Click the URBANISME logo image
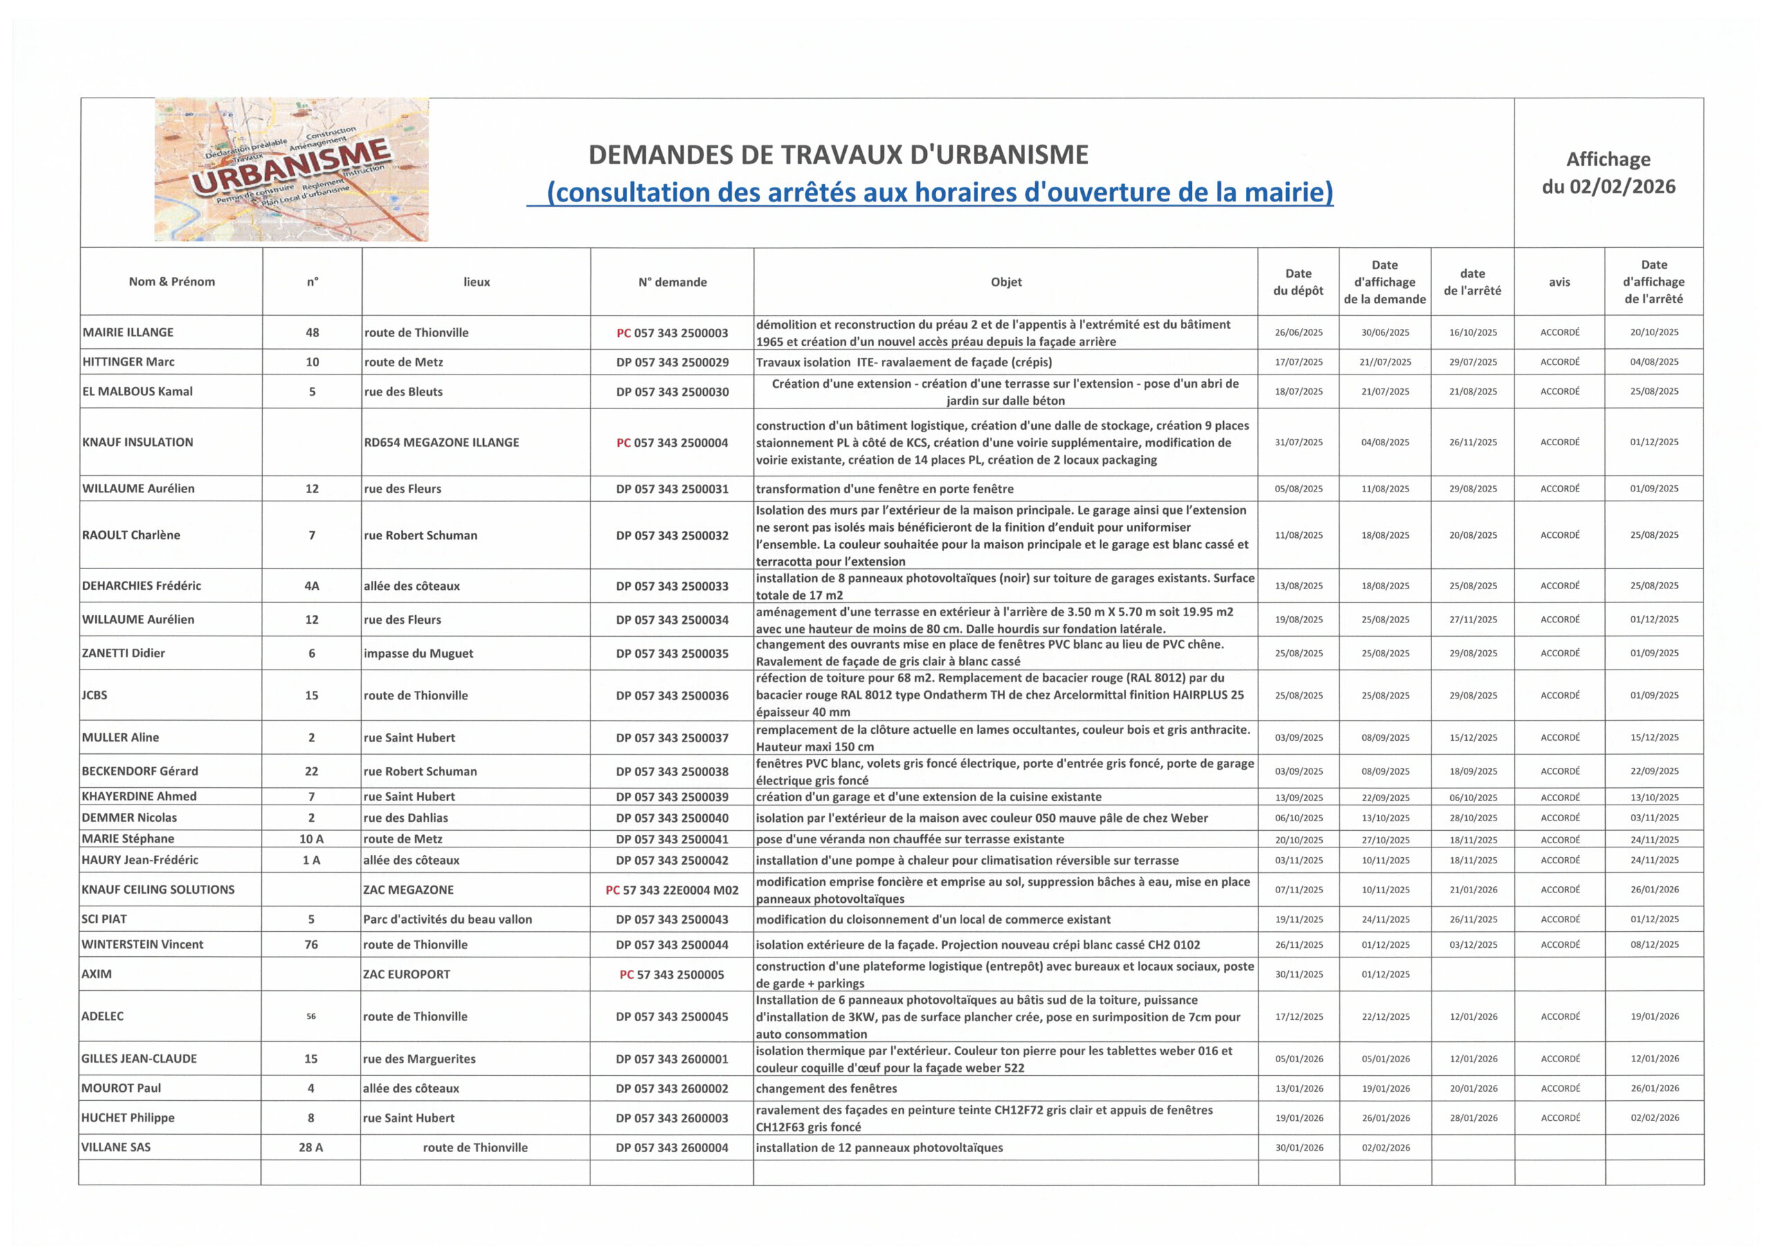pos(291,169)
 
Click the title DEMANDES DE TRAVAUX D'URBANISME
pos(838,155)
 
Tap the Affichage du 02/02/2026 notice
pos(1608,173)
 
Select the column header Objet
pos(1005,282)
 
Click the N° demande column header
pos(671,282)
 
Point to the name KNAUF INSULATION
pos(138,442)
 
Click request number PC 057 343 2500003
pos(671,333)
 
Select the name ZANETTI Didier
pos(124,653)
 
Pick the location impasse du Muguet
pos(418,653)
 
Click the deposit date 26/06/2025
pos(1298,333)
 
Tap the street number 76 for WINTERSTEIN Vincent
pos(311,944)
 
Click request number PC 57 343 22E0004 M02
pos(671,890)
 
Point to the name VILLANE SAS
pos(116,1147)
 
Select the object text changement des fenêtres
pos(826,1088)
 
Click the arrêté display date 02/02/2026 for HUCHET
pos(1654,1117)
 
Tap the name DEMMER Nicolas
pos(129,818)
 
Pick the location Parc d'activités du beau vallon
pos(448,919)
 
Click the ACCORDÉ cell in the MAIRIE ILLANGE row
pos(1559,333)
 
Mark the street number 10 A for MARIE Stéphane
pos(311,839)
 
